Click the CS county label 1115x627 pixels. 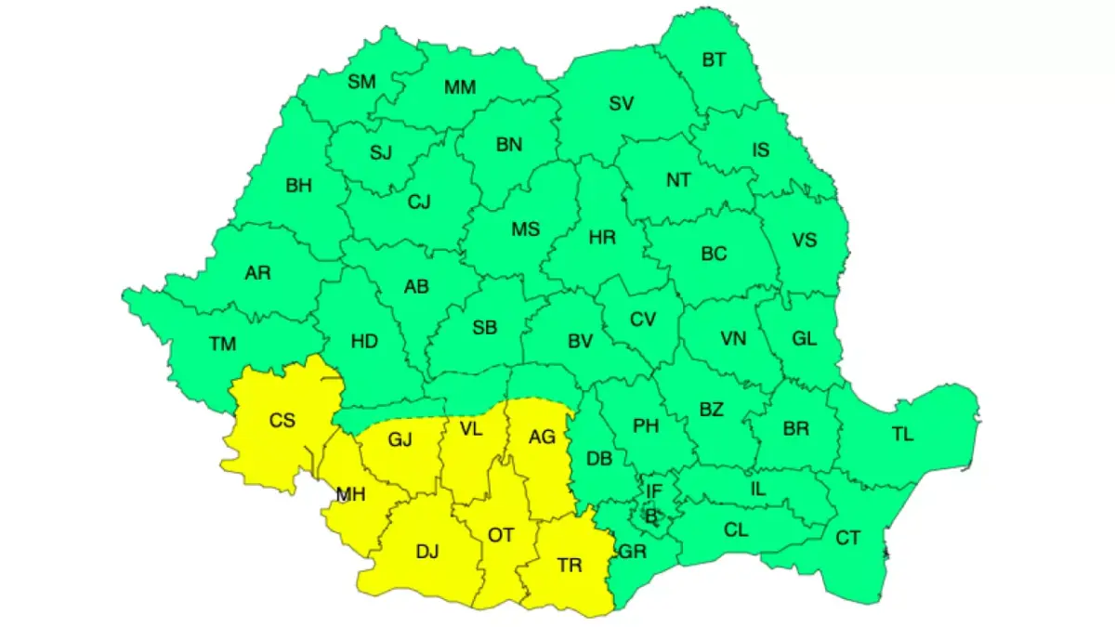pyautogui.click(x=282, y=421)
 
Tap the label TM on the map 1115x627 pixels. pyautogui.click(x=223, y=345)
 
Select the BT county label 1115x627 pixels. pyautogui.click(x=715, y=60)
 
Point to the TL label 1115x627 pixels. pyautogui.click(x=902, y=433)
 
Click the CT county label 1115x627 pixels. pyautogui.click(x=847, y=538)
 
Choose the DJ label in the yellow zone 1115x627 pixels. pyautogui.click(x=426, y=552)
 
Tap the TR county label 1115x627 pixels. pyautogui.click(x=570, y=565)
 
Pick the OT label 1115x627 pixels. pyautogui.click(x=501, y=535)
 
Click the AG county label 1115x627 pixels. pyautogui.click(x=541, y=437)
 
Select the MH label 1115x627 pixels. pyautogui.click(x=350, y=495)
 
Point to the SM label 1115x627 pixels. pyautogui.click(x=361, y=82)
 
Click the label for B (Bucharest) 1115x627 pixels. pyautogui.click(x=651, y=514)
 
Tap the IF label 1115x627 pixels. pyautogui.click(x=654, y=490)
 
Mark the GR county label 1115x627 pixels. pyautogui.click(x=632, y=552)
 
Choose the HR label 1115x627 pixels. pyautogui.click(x=602, y=238)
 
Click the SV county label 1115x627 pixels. pyautogui.click(x=621, y=104)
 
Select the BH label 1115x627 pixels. pyautogui.click(x=298, y=186)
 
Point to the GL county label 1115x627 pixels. pyautogui.click(x=804, y=339)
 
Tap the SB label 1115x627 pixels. pyautogui.click(x=484, y=327)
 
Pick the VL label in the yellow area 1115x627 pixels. pyautogui.click(x=471, y=428)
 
